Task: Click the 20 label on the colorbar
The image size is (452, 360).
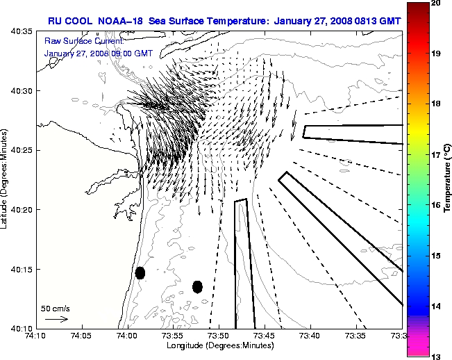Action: (435, 4)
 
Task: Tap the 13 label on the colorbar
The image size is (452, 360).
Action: (435, 356)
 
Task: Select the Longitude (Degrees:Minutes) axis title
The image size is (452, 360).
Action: (219, 345)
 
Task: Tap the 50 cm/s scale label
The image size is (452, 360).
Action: (56, 308)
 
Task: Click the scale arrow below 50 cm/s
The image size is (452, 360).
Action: (56, 319)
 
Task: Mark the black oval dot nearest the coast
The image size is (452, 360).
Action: (140, 272)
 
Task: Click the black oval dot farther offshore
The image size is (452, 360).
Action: (197, 286)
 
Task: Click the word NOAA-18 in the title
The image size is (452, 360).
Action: (123, 19)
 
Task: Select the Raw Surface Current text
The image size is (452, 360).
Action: (76, 41)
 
